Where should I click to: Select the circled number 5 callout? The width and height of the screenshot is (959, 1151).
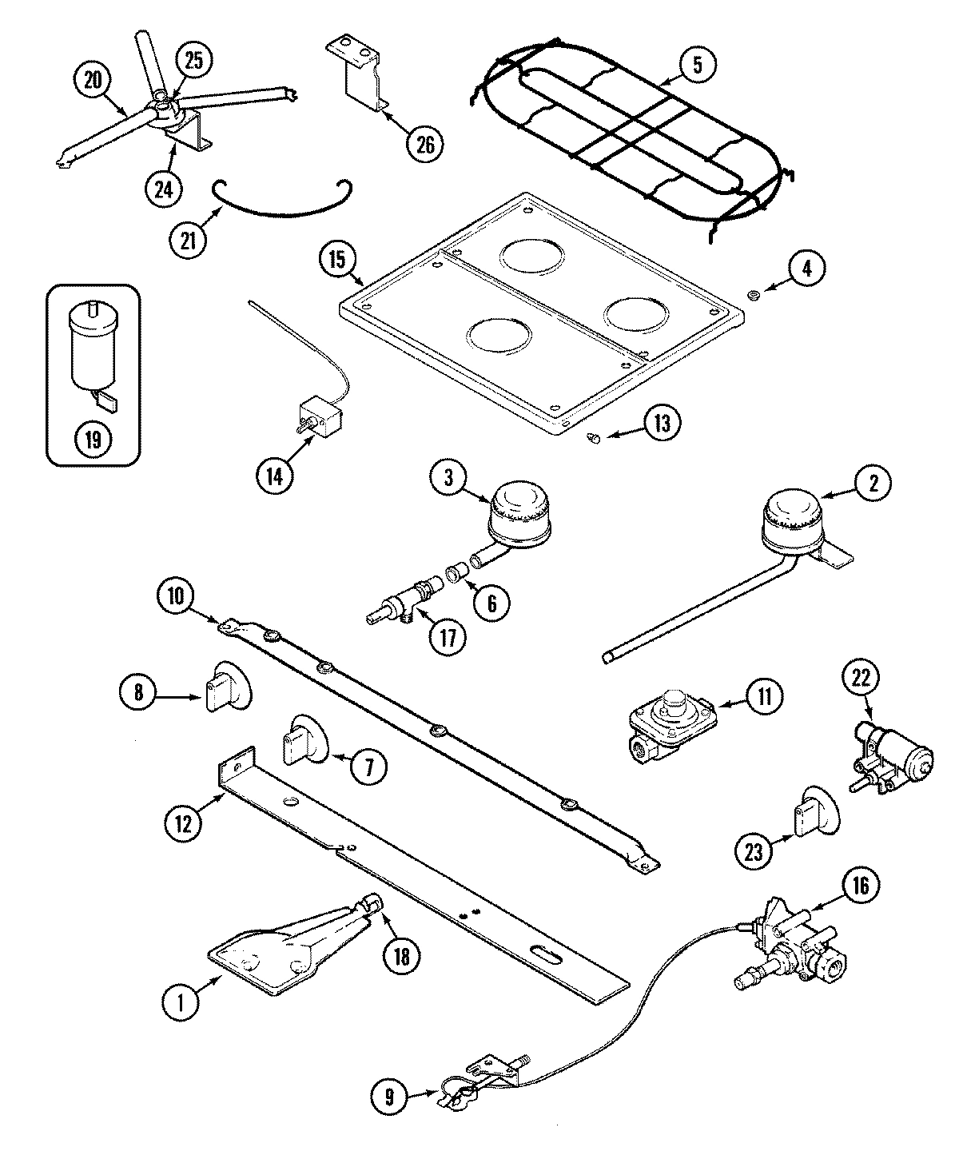point(697,66)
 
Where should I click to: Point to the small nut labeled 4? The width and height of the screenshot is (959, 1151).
point(752,297)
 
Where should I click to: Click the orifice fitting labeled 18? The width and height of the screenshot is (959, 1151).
point(371,904)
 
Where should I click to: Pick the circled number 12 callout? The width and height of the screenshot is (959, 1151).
point(184,822)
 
